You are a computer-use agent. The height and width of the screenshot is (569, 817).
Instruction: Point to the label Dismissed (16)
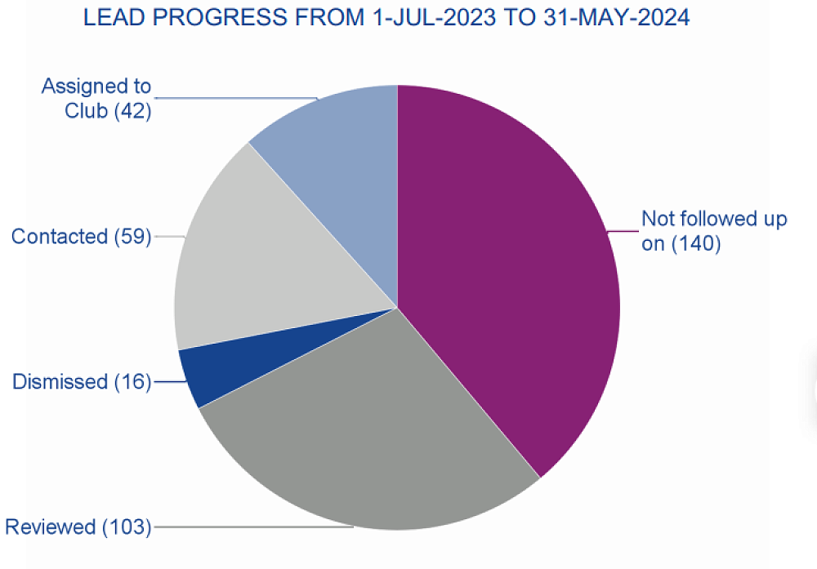[x=82, y=381]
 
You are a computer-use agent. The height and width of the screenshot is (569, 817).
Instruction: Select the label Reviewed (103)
[x=78, y=527]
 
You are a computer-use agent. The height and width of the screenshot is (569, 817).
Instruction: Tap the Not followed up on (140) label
[x=713, y=231]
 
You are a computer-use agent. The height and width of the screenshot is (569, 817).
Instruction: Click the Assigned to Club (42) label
[x=96, y=98]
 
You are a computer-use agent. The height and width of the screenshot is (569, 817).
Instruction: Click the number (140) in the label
[x=696, y=243]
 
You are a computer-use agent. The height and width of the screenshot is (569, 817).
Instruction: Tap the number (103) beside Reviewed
[x=127, y=527]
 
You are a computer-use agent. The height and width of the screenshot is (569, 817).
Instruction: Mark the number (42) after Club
[x=132, y=110]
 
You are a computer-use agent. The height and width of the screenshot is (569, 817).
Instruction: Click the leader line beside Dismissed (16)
[x=167, y=382]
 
